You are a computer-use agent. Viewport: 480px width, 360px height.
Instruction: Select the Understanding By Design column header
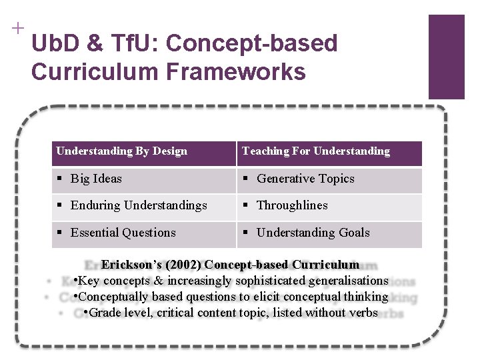point(122,151)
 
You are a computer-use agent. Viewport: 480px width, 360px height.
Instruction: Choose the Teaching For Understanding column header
point(316,151)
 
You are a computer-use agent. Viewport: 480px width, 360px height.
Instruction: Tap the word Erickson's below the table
point(127,265)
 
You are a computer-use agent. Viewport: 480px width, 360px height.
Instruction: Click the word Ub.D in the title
point(56,44)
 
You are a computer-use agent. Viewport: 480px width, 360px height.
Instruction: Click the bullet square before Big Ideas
point(60,179)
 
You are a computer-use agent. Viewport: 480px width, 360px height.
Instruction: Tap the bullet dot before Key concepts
point(77,281)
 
